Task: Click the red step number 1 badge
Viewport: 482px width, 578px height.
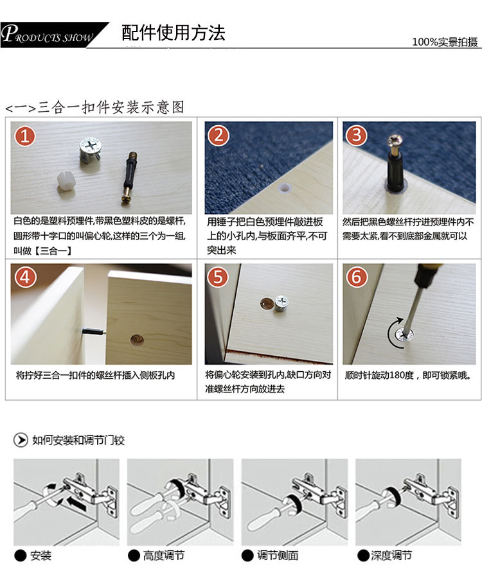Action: (x=24, y=136)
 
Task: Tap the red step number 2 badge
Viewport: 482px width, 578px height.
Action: (x=219, y=136)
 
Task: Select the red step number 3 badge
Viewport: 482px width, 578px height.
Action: (x=356, y=136)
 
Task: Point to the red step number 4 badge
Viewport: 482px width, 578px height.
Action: (x=25, y=277)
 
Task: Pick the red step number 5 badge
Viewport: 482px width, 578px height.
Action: (x=218, y=276)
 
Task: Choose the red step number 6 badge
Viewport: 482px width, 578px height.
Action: (x=356, y=276)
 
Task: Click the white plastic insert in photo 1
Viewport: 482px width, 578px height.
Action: (x=66, y=181)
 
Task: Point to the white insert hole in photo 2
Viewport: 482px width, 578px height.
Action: (x=285, y=188)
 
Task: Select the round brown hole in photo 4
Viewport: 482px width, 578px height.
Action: (x=137, y=340)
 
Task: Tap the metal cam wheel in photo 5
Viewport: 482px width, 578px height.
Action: (x=281, y=304)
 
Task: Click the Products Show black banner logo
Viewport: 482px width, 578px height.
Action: (x=55, y=35)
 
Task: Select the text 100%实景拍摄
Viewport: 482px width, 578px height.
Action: (x=445, y=42)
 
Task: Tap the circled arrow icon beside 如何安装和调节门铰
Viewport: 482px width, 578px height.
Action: (x=21, y=440)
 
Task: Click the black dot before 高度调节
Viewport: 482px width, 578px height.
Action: (x=134, y=556)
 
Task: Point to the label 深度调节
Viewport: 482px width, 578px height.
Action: (x=391, y=555)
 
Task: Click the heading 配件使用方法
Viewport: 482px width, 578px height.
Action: (x=174, y=33)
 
